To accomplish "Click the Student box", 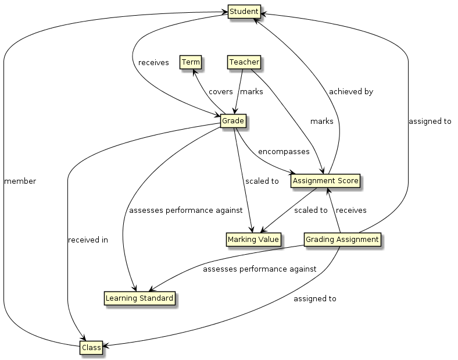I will (242, 12).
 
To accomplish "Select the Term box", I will (191, 62).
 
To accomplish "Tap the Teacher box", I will (243, 62).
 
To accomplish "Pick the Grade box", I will (232, 121).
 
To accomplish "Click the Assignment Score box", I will (325, 181).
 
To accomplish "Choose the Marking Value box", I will (253, 239).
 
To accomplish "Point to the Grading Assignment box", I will (342, 239).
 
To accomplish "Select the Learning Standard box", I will (139, 298).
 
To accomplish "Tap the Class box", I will (91, 348).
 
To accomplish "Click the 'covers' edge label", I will (220, 92).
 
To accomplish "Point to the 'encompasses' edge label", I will (284, 151).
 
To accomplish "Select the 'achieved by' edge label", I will (350, 92).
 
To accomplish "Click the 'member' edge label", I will (20, 181).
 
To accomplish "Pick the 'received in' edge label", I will (88, 240).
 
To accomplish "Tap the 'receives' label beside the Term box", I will (153, 62).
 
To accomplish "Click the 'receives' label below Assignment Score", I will (351, 210).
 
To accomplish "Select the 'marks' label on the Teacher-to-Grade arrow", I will (252, 92).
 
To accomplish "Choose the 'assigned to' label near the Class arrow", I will (315, 299).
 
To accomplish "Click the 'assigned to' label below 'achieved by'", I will (430, 122).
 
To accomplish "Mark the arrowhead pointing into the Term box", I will (195, 70).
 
